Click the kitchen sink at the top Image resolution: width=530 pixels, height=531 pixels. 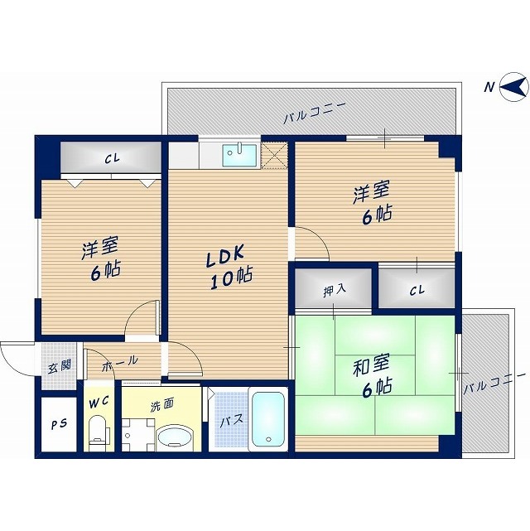pyautogui.click(x=239, y=154)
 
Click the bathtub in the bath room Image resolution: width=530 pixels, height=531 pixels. pyautogui.click(x=268, y=419)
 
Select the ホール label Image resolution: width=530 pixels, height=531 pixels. pyautogui.click(x=120, y=362)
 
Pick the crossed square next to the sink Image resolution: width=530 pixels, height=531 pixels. pyautogui.click(x=273, y=155)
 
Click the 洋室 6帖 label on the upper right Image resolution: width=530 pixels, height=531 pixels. pyautogui.click(x=372, y=203)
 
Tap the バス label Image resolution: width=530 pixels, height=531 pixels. pyautogui.click(x=230, y=420)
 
